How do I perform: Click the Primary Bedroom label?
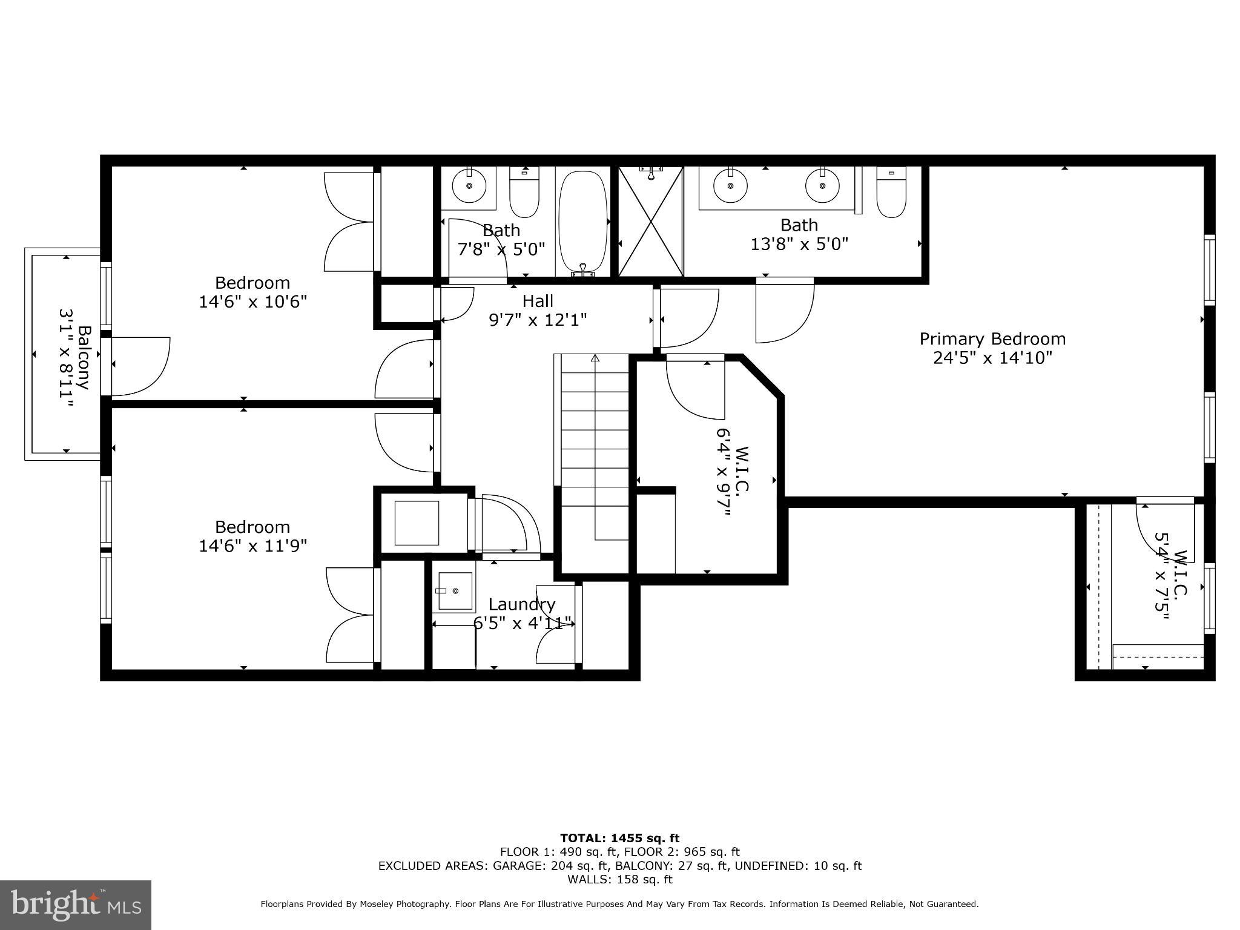pyautogui.click(x=992, y=339)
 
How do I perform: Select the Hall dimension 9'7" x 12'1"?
pyautogui.click(x=538, y=320)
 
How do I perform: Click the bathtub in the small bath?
pyautogui.click(x=582, y=222)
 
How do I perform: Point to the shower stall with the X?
pyautogui.click(x=650, y=222)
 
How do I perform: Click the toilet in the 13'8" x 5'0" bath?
pyautogui.click(x=891, y=193)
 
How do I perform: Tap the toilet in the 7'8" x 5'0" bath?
pyautogui.click(x=524, y=193)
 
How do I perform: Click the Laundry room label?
pyautogui.click(x=521, y=604)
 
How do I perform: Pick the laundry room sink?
pyautogui.click(x=454, y=590)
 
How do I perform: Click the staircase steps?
pyautogui.click(x=595, y=448)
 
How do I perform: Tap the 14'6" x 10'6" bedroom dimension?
pyautogui.click(x=253, y=302)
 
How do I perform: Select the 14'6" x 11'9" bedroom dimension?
pyautogui.click(x=253, y=546)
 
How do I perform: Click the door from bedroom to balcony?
pyautogui.click(x=138, y=366)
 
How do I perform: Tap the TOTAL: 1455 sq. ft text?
pyautogui.click(x=619, y=839)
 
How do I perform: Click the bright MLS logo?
pyautogui.click(x=76, y=905)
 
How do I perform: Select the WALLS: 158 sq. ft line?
pyautogui.click(x=619, y=879)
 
